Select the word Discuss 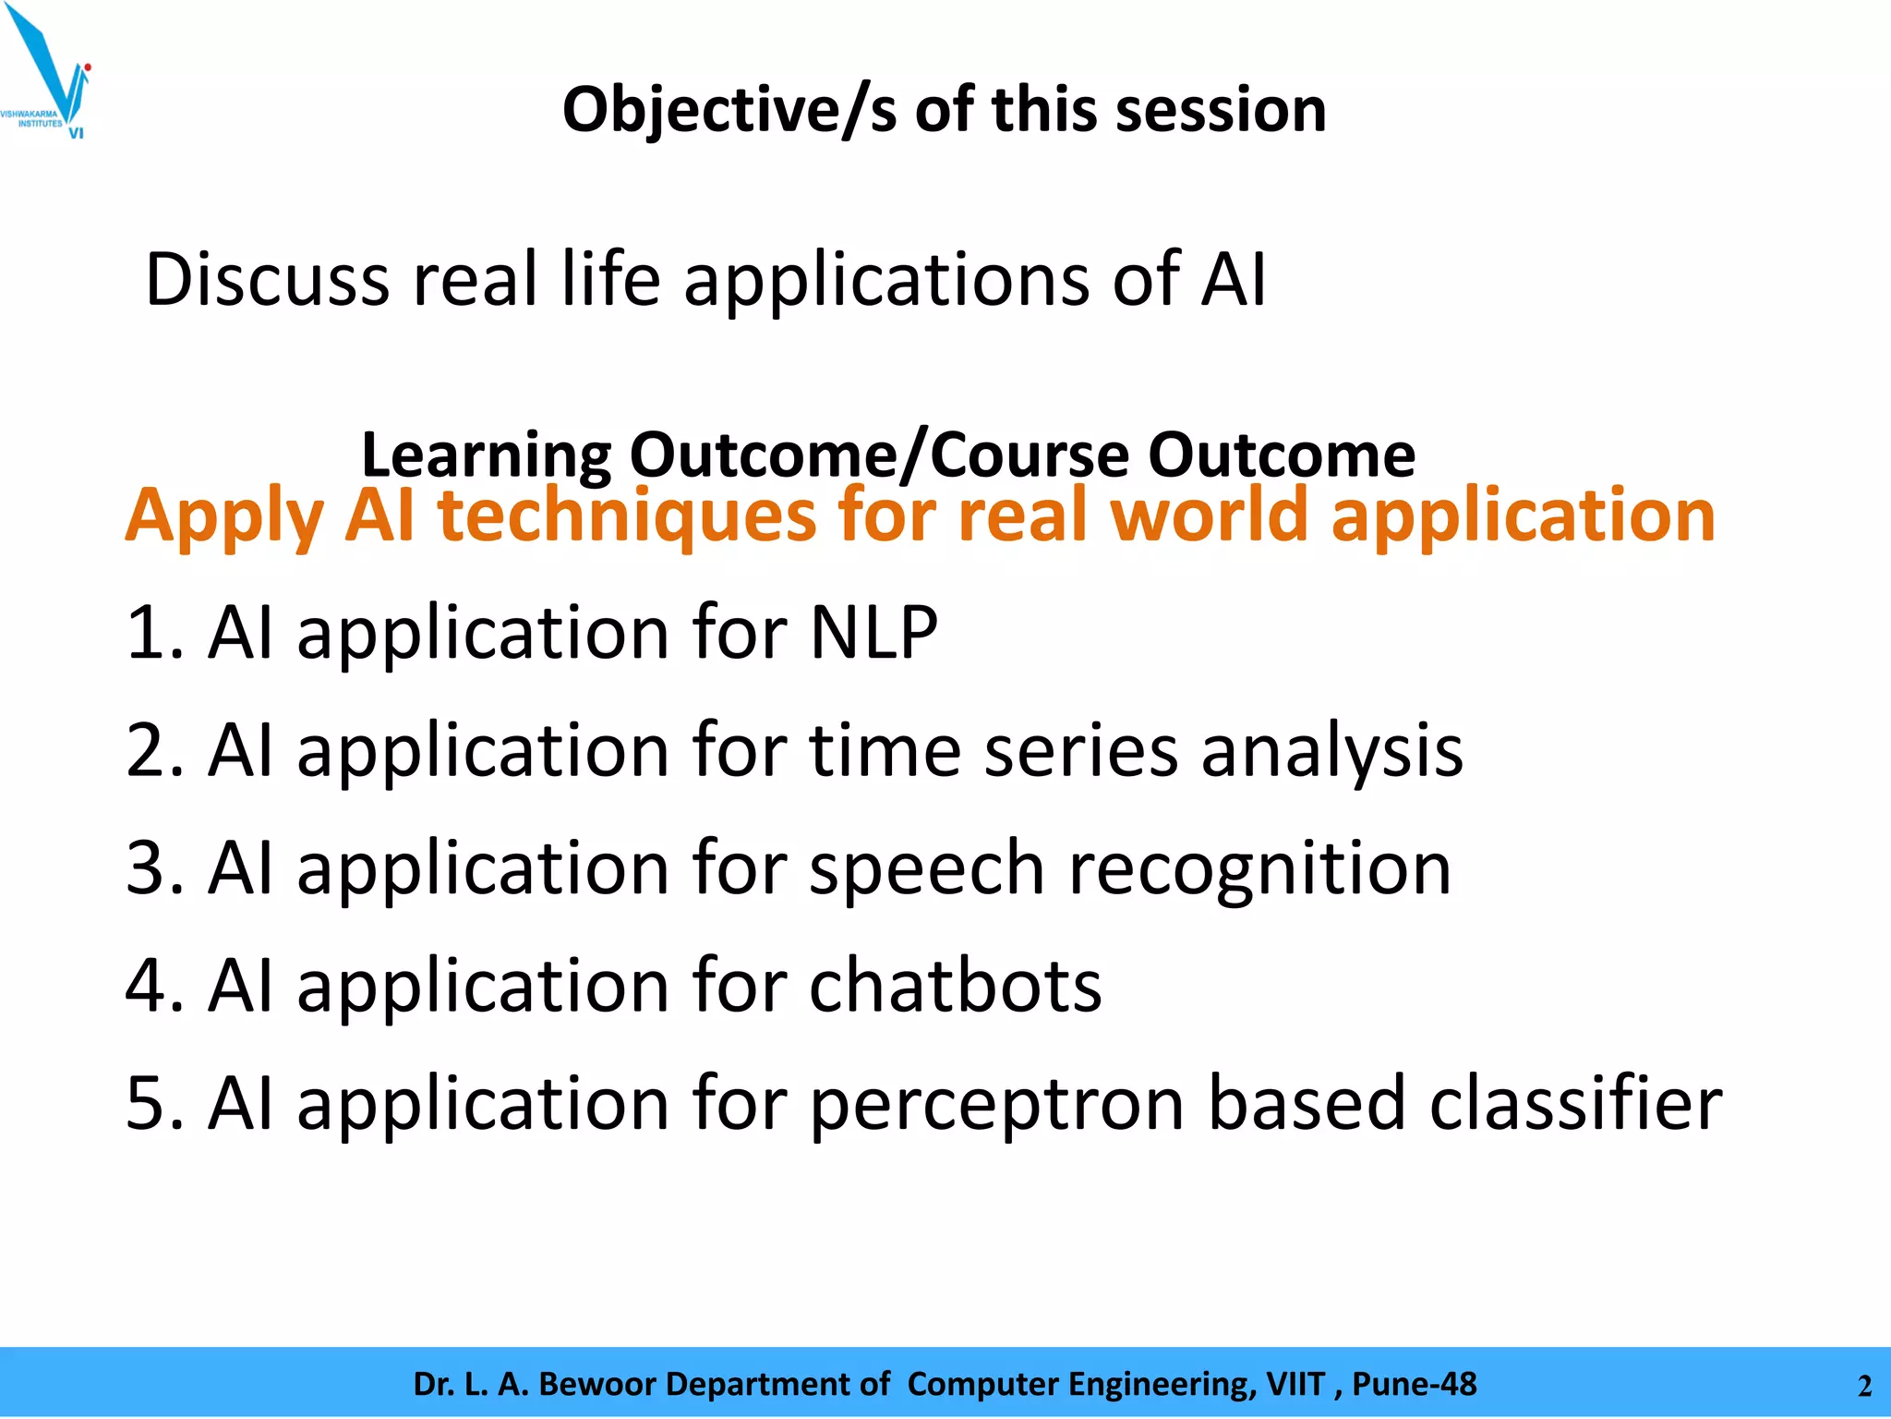point(267,279)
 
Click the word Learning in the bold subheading point(486,455)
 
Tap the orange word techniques point(627,515)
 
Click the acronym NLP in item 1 point(873,633)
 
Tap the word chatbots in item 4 point(955,986)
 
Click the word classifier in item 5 point(1575,1103)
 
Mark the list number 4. point(148,986)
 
